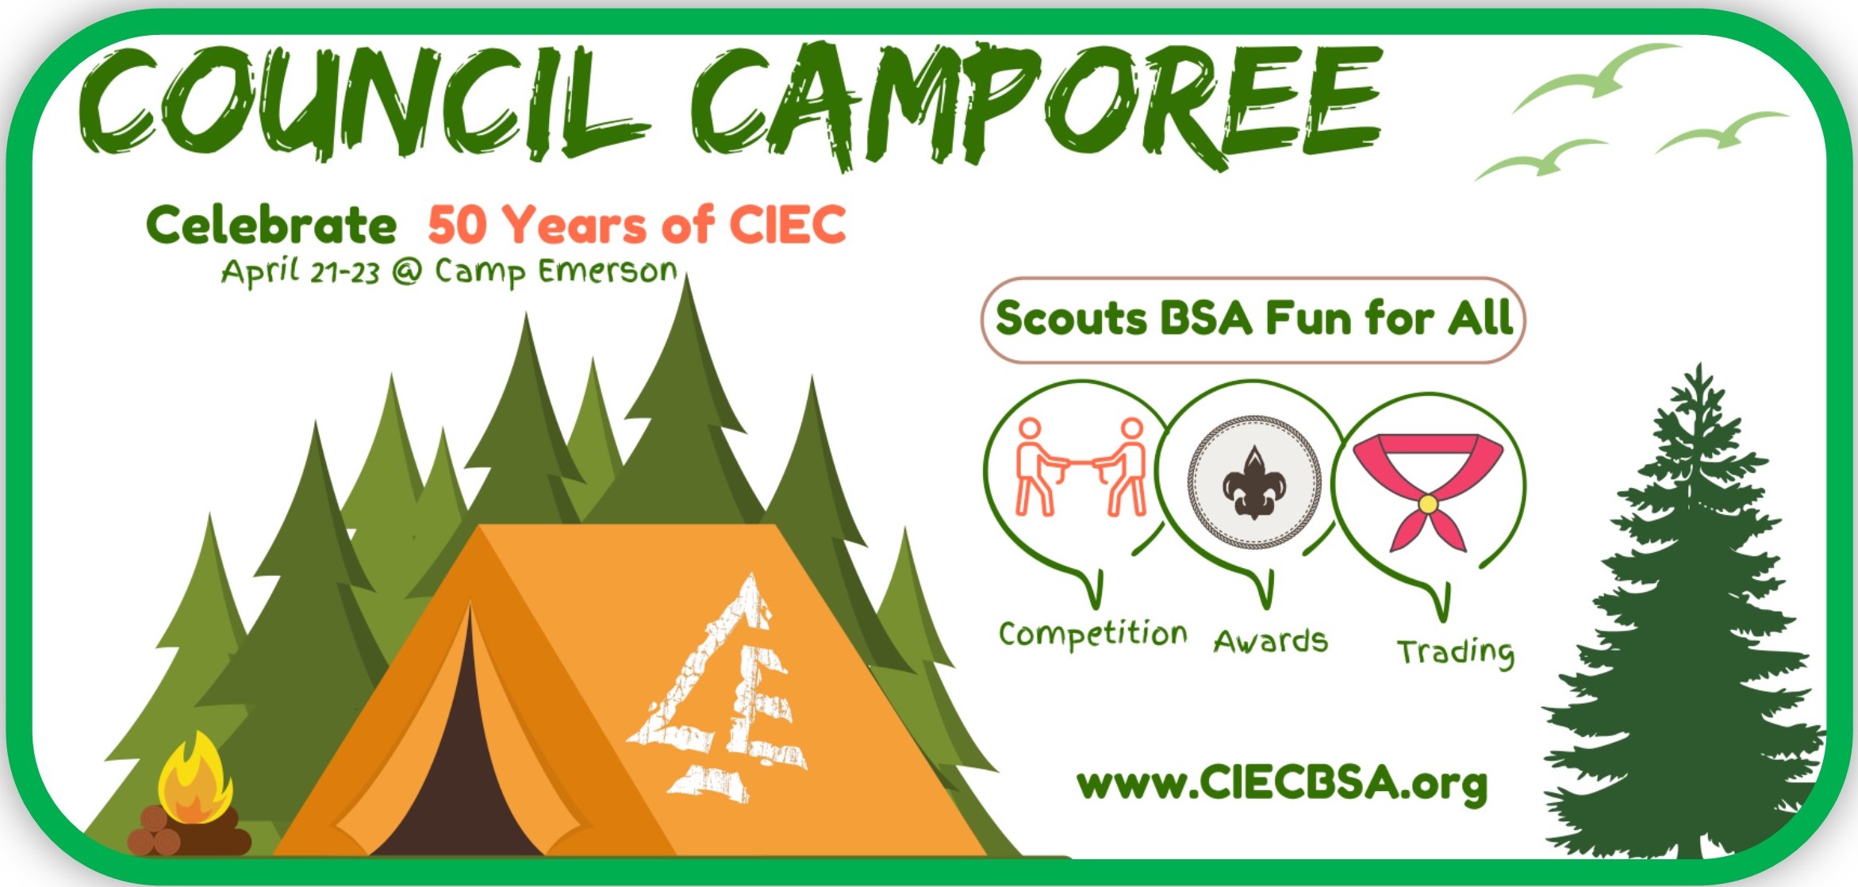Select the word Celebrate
[271, 225]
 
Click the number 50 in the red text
[456, 225]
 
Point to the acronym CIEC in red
[788, 225]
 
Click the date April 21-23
[301, 272]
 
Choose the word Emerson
[608, 271]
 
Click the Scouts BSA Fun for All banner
[1253, 320]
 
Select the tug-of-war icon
[1081, 467]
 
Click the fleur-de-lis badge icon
[1254, 482]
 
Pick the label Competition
[1093, 635]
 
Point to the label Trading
[1456, 652]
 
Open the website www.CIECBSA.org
[1282, 784]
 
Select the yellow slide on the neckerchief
[1428, 503]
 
